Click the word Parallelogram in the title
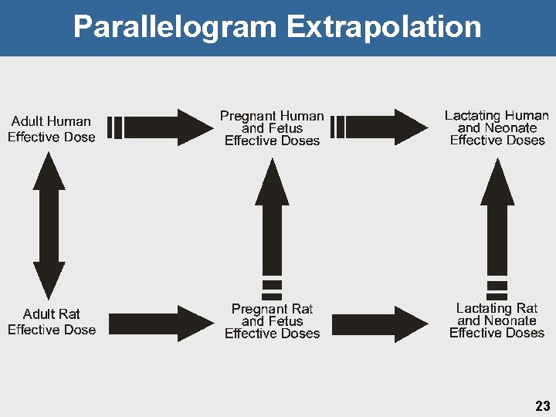click(x=175, y=27)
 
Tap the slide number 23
click(x=542, y=406)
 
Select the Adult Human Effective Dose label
click(x=51, y=129)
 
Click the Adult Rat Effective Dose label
click(x=52, y=322)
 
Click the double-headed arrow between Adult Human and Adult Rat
click(x=49, y=225)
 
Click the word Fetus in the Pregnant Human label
click(x=285, y=128)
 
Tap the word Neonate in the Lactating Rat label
click(x=510, y=320)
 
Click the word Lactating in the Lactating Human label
click(x=473, y=116)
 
